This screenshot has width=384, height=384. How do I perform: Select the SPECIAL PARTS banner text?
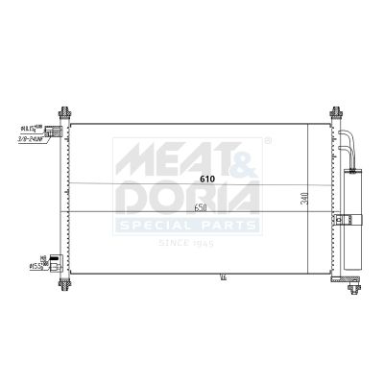click(x=188, y=226)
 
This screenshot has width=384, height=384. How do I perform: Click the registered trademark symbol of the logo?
click(x=267, y=141)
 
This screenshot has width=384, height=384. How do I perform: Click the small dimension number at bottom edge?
click(x=224, y=278)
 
